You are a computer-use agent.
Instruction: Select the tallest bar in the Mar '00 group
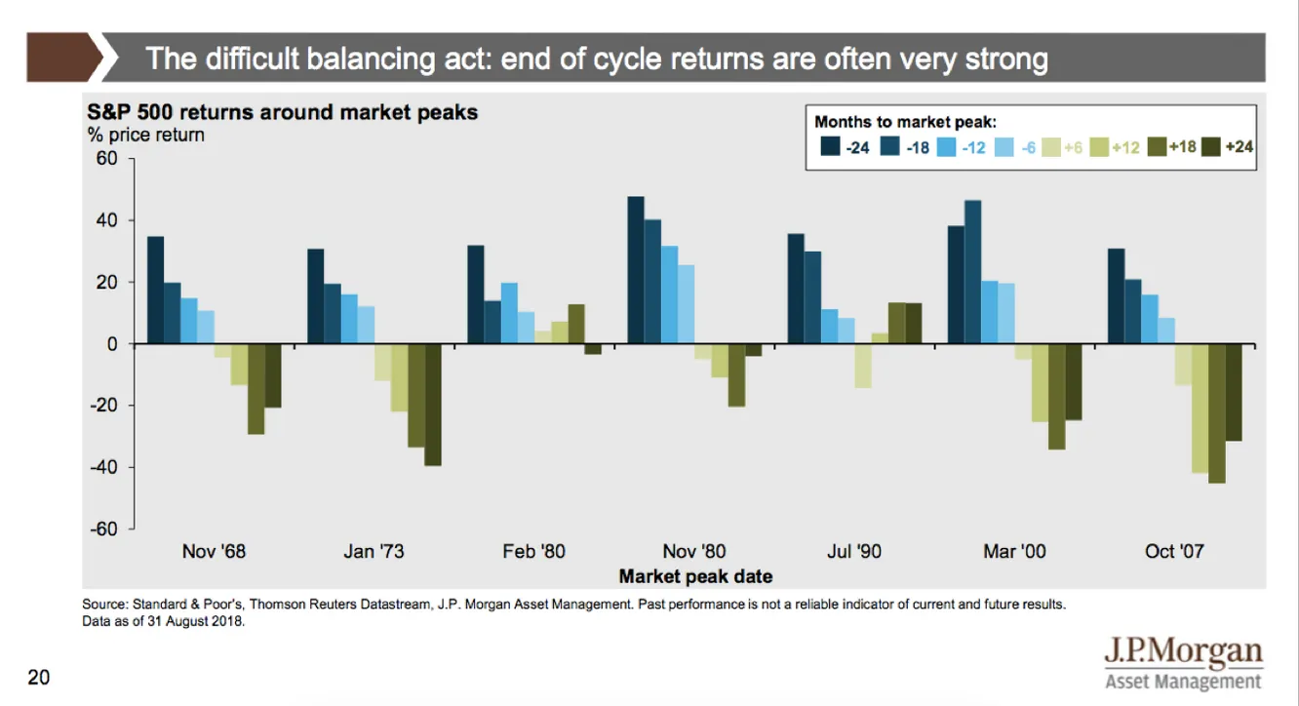click(x=972, y=272)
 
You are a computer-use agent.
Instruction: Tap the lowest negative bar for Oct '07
click(x=1216, y=413)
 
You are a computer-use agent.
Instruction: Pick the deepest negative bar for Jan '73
click(x=432, y=405)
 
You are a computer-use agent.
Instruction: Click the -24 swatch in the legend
click(x=831, y=146)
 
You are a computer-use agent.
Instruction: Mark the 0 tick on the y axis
click(x=112, y=344)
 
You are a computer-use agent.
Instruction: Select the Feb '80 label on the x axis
click(x=533, y=552)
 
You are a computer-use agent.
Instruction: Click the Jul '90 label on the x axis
click(x=853, y=552)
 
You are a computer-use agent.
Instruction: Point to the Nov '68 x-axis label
click(x=215, y=552)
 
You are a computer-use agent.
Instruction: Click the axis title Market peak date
click(x=695, y=575)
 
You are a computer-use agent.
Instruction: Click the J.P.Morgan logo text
click(x=1182, y=652)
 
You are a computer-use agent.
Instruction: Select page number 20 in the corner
click(x=38, y=677)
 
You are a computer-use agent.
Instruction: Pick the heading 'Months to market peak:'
click(x=904, y=123)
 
